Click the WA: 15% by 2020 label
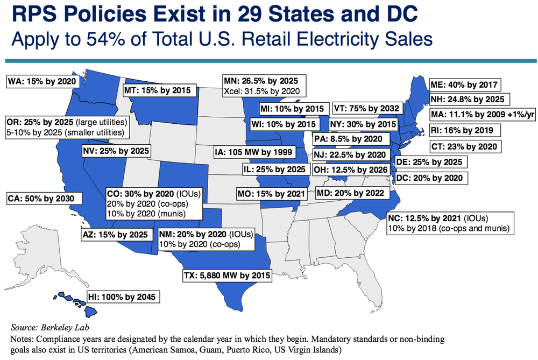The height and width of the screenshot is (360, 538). point(40,82)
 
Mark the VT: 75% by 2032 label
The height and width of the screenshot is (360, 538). point(365,108)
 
